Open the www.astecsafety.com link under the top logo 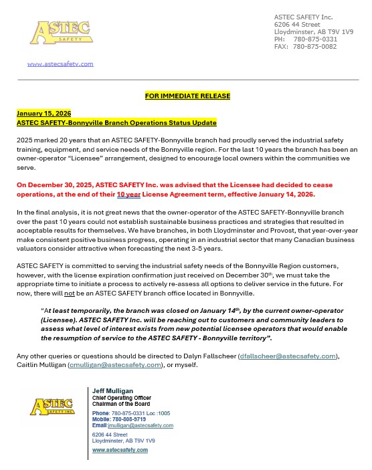tap(60, 64)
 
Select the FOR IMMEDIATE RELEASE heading tap(187, 96)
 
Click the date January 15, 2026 tap(43, 114)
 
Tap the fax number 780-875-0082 tap(315, 47)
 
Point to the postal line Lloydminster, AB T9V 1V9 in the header tap(314, 31)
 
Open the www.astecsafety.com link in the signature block tap(120, 450)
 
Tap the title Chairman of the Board tap(121, 404)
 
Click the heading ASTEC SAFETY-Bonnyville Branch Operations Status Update tap(116, 123)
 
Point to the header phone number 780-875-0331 tap(315, 39)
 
